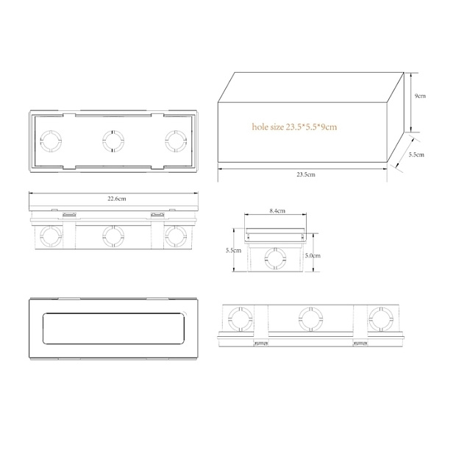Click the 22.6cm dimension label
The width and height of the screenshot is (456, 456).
click(117, 199)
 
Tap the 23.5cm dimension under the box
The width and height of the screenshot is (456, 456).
click(306, 174)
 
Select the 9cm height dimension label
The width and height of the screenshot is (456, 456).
click(420, 96)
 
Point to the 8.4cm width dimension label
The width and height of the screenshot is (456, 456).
click(277, 211)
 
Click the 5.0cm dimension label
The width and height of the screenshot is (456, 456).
click(313, 256)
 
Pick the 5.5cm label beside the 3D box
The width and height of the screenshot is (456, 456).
click(416, 154)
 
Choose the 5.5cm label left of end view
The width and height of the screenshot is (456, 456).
click(234, 250)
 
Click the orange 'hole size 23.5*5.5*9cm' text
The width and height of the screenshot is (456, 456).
click(294, 127)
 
